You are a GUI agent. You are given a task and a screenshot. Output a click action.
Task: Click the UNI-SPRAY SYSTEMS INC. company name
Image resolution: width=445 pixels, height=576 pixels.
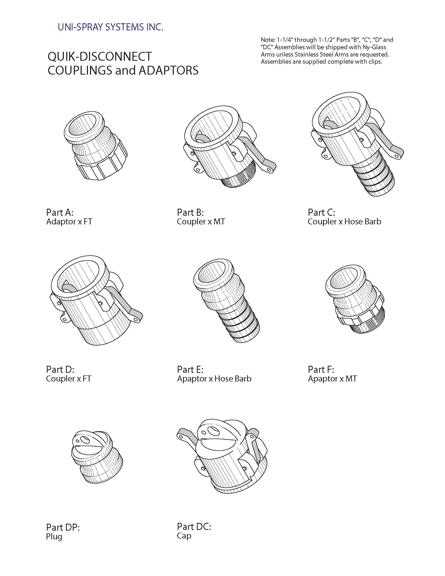(x=110, y=27)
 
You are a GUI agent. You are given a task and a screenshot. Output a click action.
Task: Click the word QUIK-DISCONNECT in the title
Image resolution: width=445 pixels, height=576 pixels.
(x=100, y=57)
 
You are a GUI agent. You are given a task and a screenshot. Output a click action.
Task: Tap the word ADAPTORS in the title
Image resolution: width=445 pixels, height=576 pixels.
(x=169, y=70)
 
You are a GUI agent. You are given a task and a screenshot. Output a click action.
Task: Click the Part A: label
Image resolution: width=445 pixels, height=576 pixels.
(x=60, y=212)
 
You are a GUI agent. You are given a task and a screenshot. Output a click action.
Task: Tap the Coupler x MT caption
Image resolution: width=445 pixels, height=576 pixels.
(x=201, y=221)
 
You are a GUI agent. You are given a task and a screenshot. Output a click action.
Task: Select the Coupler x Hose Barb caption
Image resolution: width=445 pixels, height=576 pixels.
(x=344, y=221)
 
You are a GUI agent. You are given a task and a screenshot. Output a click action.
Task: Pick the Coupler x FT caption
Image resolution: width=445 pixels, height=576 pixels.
(x=69, y=379)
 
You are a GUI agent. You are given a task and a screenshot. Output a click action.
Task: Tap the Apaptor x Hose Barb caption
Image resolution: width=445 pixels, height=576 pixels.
(x=214, y=379)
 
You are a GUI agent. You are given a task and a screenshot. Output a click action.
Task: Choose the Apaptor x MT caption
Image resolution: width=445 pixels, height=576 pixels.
(x=332, y=379)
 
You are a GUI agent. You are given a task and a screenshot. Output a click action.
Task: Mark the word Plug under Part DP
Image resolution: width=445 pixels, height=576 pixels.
(x=54, y=536)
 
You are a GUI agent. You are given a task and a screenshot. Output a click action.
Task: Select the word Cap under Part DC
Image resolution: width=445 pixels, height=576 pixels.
(x=184, y=536)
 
